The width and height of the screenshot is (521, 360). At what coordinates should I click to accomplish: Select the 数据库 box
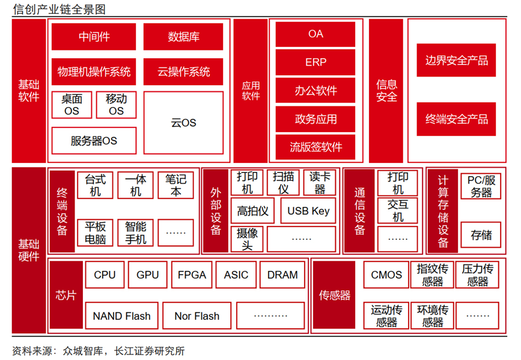point(183,37)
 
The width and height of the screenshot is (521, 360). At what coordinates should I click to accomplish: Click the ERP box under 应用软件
point(315,63)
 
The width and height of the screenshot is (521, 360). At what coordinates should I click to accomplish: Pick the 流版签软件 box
point(315,147)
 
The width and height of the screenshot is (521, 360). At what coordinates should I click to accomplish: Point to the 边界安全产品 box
point(456,60)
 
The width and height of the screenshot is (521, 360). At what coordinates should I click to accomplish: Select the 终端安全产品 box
point(456,119)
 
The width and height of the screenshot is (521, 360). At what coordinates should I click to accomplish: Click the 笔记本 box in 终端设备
point(176,185)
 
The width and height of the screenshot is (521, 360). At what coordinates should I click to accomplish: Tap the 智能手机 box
point(136,233)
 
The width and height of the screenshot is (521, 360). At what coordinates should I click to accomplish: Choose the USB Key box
point(308,210)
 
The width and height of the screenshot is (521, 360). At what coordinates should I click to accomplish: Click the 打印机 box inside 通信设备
point(398,183)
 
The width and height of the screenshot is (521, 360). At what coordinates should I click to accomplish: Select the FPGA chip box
point(192,275)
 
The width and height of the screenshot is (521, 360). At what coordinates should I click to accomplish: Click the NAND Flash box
point(122,316)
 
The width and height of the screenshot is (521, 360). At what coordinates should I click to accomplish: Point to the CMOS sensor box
point(386,275)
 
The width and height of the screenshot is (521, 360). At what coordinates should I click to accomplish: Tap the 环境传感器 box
point(433,316)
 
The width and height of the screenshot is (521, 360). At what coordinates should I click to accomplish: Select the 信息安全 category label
point(386,90)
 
